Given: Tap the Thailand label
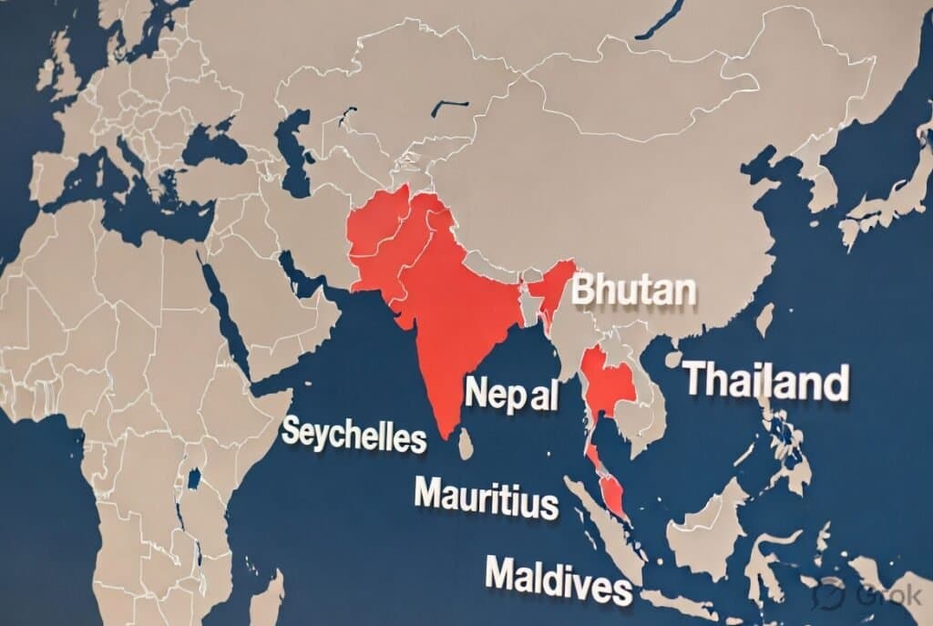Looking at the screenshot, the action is tap(766, 380).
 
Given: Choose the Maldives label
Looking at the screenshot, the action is tap(558, 580).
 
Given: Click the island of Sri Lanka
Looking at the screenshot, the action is tap(466, 445).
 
